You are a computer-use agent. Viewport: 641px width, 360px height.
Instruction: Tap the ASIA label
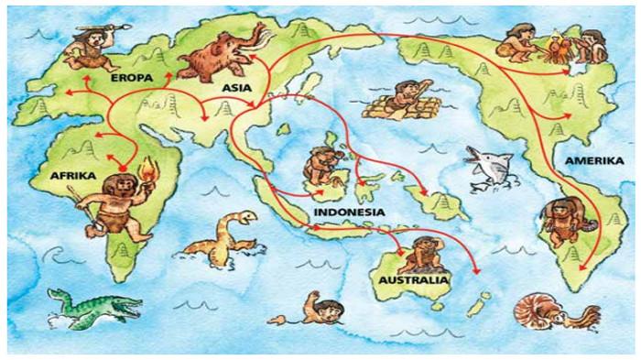coord(237,87)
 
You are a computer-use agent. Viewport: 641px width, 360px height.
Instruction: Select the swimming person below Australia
coord(321,308)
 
